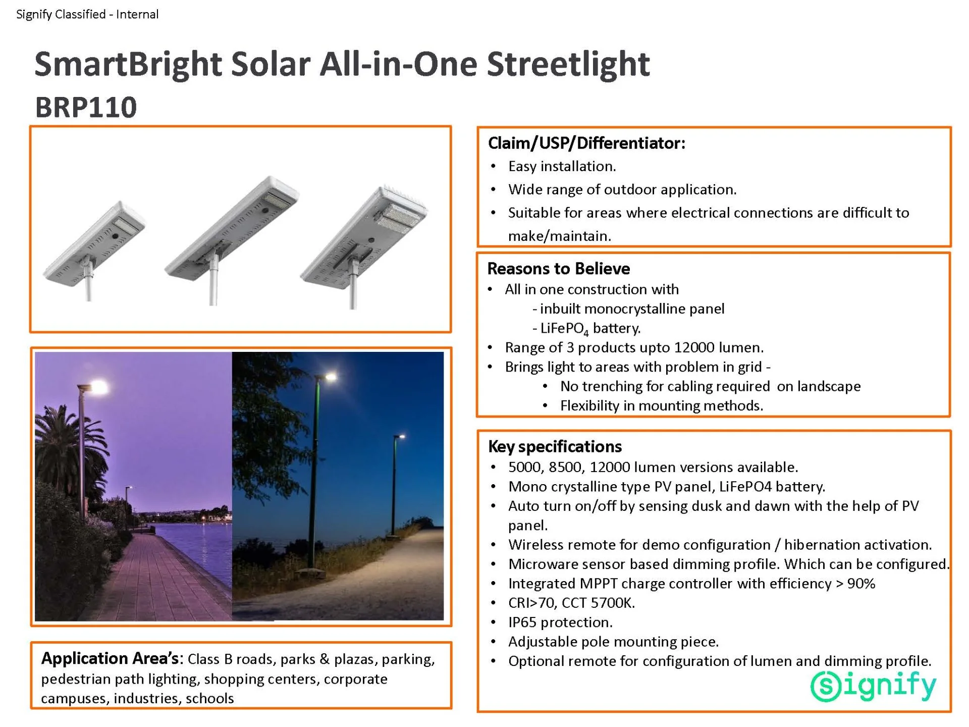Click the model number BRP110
coord(86,107)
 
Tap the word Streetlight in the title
coord(568,65)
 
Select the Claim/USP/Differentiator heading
coord(586,143)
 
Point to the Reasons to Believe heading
coord(559,269)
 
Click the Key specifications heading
coord(555,447)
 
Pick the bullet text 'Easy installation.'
coord(562,166)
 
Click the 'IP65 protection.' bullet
coord(560,622)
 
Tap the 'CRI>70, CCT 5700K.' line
coord(571,603)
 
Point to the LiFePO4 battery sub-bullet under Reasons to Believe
coord(586,329)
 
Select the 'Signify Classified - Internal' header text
coord(87,14)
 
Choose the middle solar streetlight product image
coord(232,237)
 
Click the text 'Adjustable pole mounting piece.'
coord(613,642)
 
